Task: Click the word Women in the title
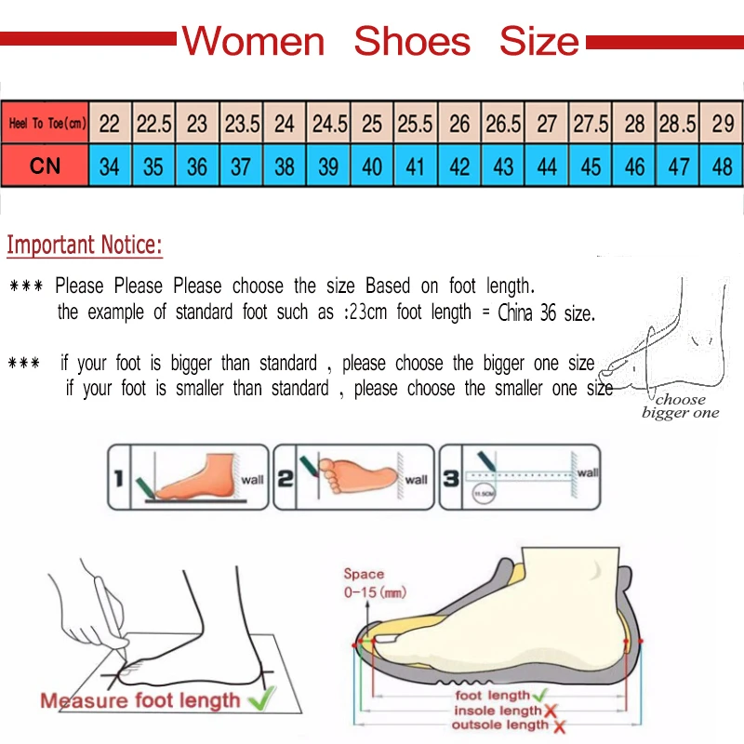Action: pos(253,41)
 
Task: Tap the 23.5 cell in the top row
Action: pos(242,123)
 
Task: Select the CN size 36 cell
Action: pos(197,166)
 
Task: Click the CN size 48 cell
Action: pos(722,166)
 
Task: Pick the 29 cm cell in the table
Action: pos(723,123)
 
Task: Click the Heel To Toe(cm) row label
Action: pos(46,123)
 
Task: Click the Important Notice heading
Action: pos(85,246)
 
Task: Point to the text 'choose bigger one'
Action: pos(681,406)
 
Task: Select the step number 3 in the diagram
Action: pos(450,479)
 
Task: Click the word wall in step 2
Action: pos(416,480)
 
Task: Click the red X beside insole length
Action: pos(551,711)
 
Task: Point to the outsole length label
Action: pos(500,724)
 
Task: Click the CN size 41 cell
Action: pos(416,166)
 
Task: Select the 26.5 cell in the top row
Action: pos(503,123)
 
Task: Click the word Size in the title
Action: pos(538,41)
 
